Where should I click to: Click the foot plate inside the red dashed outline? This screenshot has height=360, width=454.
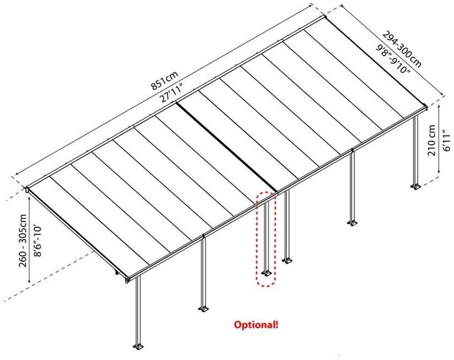pos(266,274)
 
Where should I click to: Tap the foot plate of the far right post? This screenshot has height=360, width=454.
pos(415,186)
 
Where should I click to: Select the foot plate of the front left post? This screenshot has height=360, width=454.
pos(139,344)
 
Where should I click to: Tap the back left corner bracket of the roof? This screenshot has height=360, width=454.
pos(26,189)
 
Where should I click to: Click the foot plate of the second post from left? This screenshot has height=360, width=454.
pos(203,309)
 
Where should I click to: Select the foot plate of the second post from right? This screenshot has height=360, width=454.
pos(352,222)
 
